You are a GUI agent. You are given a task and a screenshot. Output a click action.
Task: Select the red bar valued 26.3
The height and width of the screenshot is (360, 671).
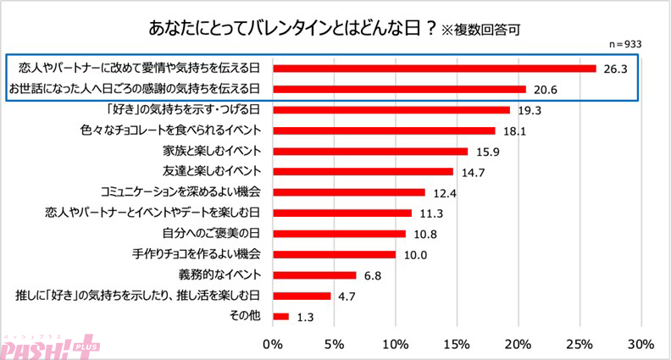pyautogui.click(x=434, y=68)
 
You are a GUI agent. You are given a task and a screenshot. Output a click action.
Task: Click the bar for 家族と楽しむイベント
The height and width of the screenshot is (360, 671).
pyautogui.click(x=370, y=152)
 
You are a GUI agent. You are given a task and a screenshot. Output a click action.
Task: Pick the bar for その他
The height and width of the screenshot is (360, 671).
pyautogui.click(x=280, y=317)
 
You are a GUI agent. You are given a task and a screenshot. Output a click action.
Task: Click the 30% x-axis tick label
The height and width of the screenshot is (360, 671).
pyautogui.click(x=640, y=344)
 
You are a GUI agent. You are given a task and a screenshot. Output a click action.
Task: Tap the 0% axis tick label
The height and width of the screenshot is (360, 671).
pyautogui.click(x=273, y=344)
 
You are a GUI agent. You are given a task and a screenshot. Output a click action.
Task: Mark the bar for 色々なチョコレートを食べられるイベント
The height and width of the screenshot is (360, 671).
pyautogui.click(x=384, y=130)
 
